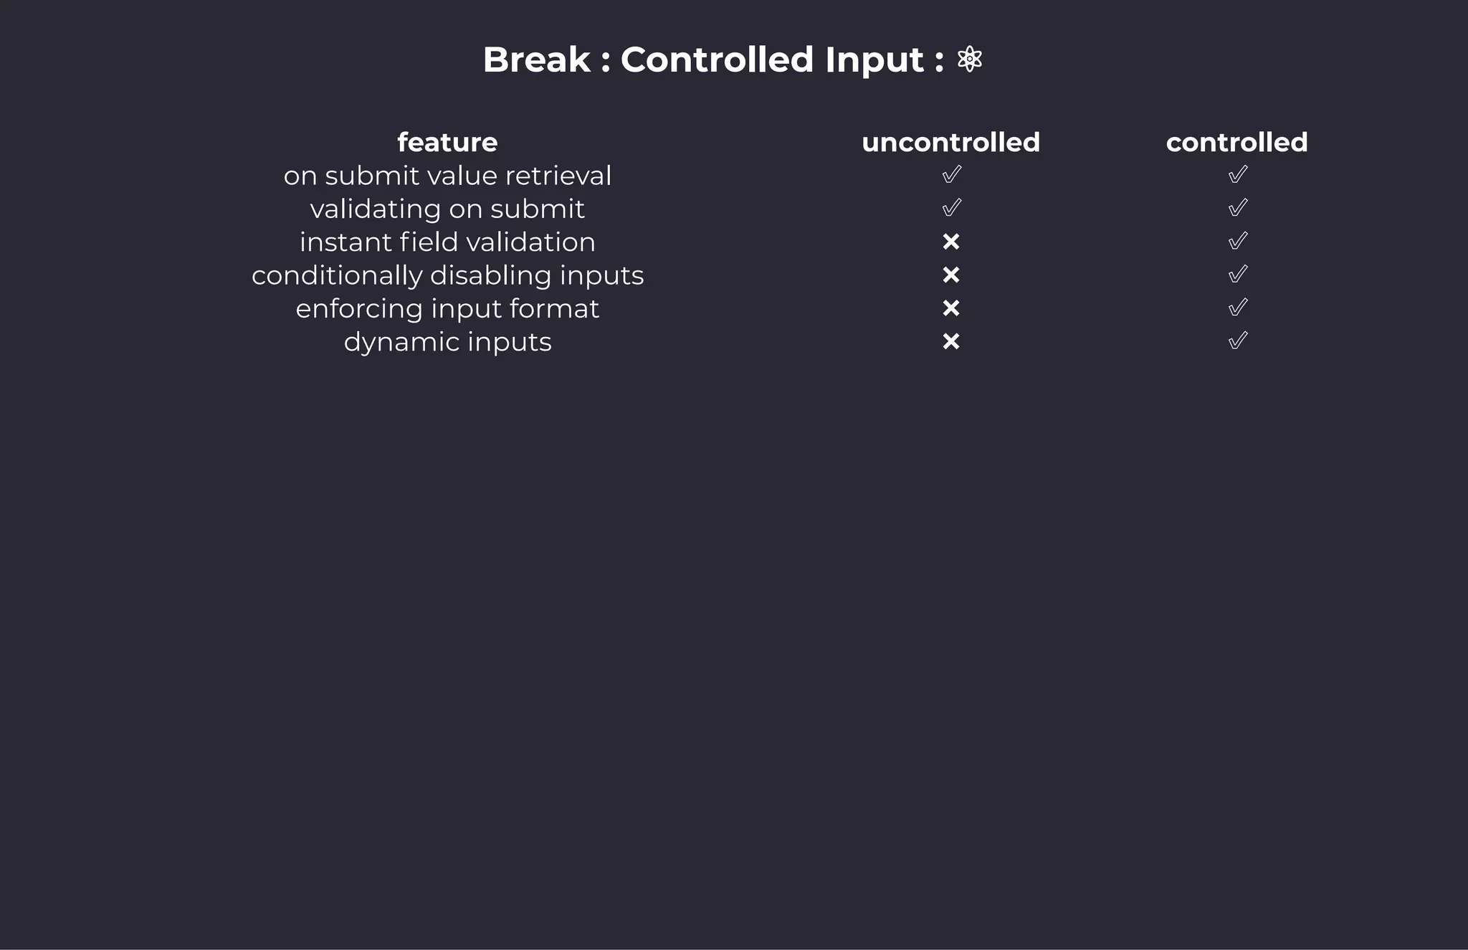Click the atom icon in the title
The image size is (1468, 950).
tap(969, 59)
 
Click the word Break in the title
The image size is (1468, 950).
tap(536, 60)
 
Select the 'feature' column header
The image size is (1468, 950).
tap(447, 142)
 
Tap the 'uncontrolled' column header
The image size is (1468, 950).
tap(950, 142)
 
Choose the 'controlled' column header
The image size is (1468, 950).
tap(1236, 142)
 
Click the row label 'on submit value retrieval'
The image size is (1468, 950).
tap(447, 176)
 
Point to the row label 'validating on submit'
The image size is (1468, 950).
tap(447, 209)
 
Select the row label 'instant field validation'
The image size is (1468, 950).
tap(447, 242)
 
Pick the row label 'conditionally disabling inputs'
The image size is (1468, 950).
tap(447, 275)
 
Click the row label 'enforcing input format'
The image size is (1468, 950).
tap(447, 309)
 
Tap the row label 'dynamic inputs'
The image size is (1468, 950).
tap(447, 342)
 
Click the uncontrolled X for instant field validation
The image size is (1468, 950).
tap(950, 242)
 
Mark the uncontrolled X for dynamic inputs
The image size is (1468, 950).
tap(950, 342)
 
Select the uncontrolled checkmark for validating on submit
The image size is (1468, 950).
tap(951, 208)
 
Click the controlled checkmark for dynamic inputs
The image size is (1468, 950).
tap(1237, 341)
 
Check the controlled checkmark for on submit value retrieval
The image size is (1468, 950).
tap(1237, 174)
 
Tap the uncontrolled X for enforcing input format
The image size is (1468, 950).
tap(950, 308)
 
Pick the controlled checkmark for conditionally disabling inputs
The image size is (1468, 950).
tap(1237, 274)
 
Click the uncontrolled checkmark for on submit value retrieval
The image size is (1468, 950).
tap(951, 174)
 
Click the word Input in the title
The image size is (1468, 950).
tap(874, 60)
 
